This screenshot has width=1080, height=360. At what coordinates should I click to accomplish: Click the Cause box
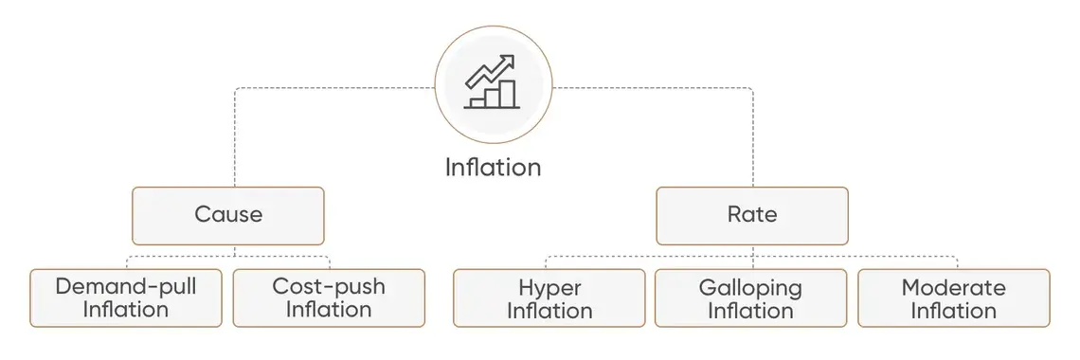[x=228, y=215]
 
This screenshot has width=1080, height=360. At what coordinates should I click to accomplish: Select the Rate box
[x=752, y=215]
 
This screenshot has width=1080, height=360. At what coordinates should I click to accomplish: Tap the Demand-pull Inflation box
[x=126, y=297]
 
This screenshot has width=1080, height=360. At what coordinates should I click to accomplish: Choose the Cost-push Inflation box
[x=330, y=297]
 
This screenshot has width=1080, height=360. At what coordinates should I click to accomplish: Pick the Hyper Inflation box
[x=549, y=297]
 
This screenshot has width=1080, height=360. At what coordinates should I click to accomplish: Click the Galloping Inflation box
[x=750, y=297]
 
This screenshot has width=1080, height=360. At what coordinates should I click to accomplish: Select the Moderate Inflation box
[x=954, y=297]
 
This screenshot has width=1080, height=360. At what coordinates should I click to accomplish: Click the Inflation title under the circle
[x=494, y=168]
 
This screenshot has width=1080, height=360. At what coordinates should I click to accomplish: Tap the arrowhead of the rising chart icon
[x=509, y=62]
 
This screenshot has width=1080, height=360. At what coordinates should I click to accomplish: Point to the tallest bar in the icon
[x=508, y=93]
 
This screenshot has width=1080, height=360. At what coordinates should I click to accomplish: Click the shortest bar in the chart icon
[x=477, y=102]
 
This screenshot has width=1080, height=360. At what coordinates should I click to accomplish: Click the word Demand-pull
[x=126, y=287]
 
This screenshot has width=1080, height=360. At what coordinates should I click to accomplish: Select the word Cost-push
[x=330, y=287]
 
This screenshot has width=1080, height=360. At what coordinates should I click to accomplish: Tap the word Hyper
[x=549, y=288]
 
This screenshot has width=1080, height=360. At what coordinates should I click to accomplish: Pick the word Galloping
[x=750, y=288]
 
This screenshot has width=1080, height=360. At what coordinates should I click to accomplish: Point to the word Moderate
[x=954, y=287]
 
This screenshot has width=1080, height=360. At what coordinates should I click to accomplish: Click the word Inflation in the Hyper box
[x=549, y=311]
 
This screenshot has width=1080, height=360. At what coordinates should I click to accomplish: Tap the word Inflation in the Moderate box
[x=954, y=311]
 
